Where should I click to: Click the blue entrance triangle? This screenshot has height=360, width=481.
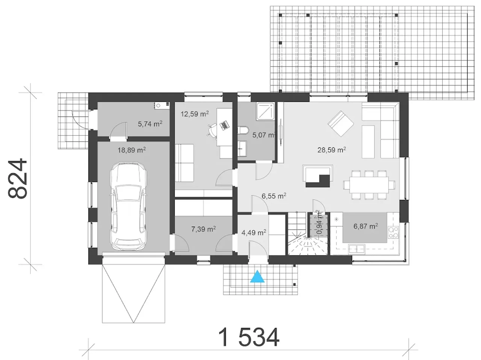[257, 277]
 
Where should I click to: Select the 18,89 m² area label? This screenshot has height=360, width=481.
[132, 150]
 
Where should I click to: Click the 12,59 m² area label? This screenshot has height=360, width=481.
[195, 114]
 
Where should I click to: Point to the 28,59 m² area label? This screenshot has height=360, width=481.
[332, 150]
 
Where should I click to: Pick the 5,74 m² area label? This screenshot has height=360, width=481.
[150, 124]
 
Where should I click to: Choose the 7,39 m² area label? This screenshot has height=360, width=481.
[204, 229]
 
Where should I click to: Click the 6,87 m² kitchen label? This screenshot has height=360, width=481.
[366, 226]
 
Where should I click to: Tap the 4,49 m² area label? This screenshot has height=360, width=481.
[254, 232]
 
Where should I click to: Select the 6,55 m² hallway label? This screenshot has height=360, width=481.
[274, 196]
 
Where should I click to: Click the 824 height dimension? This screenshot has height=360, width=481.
[18, 178]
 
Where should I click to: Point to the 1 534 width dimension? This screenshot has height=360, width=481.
[249, 337]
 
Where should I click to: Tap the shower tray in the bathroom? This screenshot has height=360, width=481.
[265, 111]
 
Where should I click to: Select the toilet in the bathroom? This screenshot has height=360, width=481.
[243, 130]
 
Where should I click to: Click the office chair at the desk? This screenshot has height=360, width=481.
[212, 130]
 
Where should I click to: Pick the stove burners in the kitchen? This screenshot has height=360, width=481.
[393, 232]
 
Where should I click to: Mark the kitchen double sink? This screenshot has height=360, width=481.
[357, 249]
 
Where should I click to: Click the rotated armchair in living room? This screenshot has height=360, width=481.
[341, 124]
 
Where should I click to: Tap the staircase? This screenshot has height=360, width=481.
[307, 233]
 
